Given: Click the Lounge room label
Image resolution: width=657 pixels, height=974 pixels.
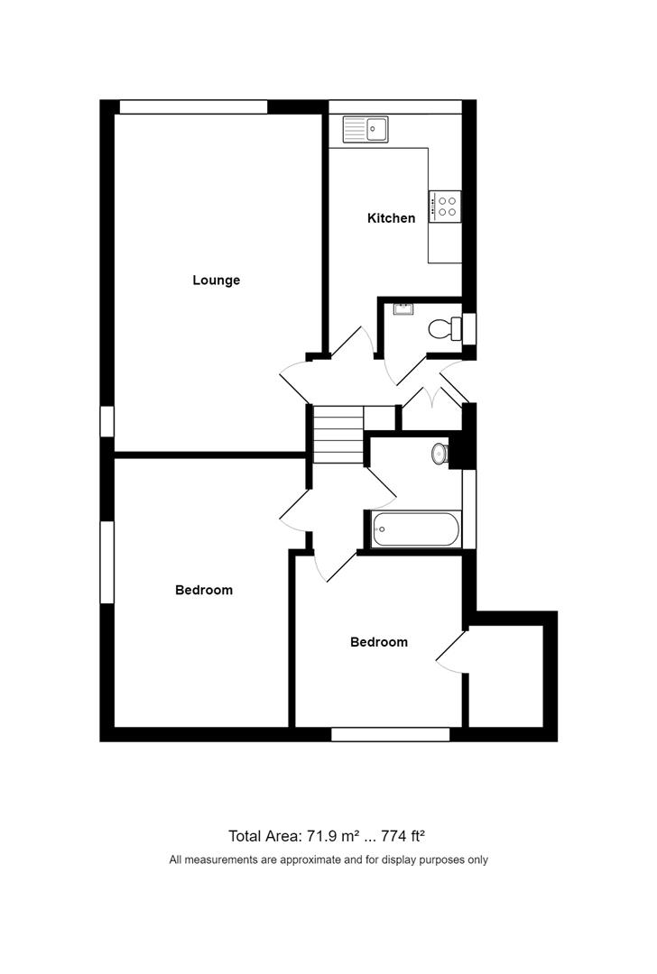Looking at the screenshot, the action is pyautogui.click(x=216, y=280).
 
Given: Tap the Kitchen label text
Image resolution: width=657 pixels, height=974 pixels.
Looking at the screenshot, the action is pyautogui.click(x=391, y=218).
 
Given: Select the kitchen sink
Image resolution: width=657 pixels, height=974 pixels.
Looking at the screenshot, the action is pyautogui.click(x=366, y=129).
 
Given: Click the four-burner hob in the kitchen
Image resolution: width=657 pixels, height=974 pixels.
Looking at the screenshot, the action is pyautogui.click(x=445, y=207).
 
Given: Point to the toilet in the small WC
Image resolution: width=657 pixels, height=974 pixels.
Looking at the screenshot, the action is pyautogui.click(x=445, y=328).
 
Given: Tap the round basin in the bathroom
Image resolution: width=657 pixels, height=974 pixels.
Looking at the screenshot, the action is pyautogui.click(x=440, y=454).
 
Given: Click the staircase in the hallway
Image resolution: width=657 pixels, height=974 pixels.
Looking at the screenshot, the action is pyautogui.click(x=338, y=434).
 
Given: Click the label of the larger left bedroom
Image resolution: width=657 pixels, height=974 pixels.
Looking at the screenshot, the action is pyautogui.click(x=204, y=590).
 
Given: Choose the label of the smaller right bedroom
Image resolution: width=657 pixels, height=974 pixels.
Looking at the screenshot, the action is pyautogui.click(x=379, y=642).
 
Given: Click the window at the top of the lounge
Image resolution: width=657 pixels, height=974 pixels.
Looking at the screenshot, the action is pyautogui.click(x=193, y=106).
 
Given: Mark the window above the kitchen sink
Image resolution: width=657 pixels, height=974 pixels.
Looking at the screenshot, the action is pyautogui.click(x=395, y=106).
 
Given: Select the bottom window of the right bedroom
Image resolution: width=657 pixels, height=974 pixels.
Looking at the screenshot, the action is pyautogui.click(x=391, y=735).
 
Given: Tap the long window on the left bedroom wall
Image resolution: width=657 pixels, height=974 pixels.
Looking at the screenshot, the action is pyautogui.click(x=106, y=562).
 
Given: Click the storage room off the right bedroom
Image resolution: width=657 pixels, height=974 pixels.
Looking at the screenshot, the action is pyautogui.click(x=506, y=675).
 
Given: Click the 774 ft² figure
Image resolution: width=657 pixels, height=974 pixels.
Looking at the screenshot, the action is pyautogui.click(x=403, y=836).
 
